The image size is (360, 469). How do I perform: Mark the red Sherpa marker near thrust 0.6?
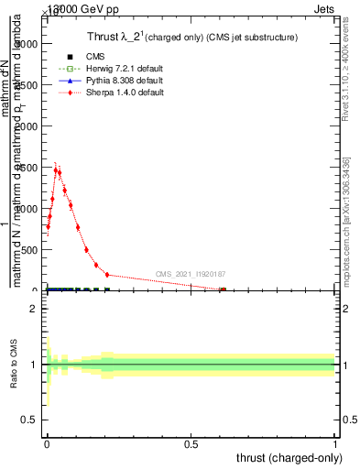223,290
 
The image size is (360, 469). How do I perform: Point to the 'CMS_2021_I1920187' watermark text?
191,274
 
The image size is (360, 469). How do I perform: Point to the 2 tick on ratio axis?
33,309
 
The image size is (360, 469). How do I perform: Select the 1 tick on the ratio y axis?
33,365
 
